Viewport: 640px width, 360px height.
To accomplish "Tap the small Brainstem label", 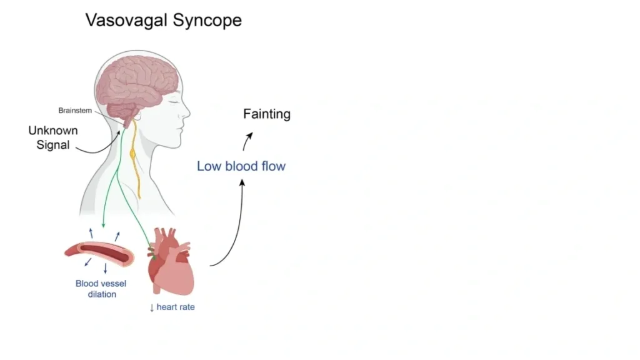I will pos(75,111).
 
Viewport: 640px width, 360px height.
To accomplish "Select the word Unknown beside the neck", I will pos(53,131).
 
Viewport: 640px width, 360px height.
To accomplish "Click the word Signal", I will pos(49,146).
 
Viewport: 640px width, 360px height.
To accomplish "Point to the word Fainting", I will pos(267,114).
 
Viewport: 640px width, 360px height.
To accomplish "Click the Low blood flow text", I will pos(241,166).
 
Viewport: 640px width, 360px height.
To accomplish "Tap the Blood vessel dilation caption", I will pos(101,289).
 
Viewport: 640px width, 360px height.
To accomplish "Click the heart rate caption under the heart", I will pos(176,307).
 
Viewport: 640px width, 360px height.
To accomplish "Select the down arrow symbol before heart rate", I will pos(151,307).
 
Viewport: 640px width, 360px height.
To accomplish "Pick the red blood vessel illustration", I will pos(99,253).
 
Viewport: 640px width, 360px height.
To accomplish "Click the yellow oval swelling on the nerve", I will pos(132,152).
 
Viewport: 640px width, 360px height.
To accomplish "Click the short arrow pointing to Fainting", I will pos(247,141).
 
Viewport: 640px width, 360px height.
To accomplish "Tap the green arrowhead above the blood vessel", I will pos(103,225).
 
